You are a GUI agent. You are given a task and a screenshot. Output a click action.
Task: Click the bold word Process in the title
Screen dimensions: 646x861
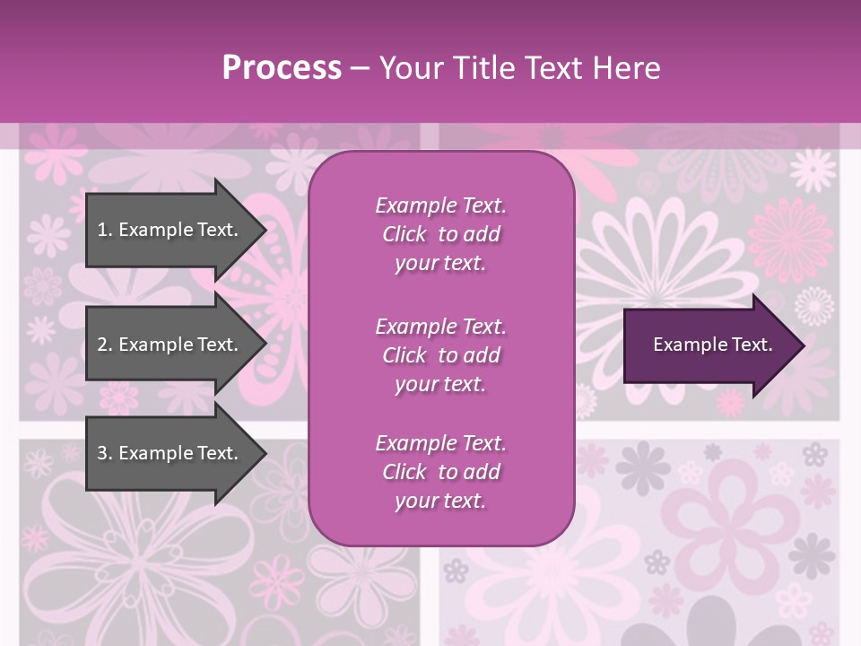pos(282,68)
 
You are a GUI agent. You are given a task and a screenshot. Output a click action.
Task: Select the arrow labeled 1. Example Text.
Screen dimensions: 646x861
pos(170,230)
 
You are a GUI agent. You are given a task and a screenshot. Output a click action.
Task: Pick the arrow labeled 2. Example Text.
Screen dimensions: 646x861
pos(170,345)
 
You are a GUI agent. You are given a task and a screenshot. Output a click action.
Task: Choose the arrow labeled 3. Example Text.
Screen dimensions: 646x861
pos(170,453)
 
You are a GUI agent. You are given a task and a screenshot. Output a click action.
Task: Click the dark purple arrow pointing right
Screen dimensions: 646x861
pos(709,345)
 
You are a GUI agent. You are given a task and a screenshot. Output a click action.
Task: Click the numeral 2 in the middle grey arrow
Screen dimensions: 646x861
pos(102,345)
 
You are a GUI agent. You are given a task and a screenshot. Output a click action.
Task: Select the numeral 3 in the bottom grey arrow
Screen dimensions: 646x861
pos(102,453)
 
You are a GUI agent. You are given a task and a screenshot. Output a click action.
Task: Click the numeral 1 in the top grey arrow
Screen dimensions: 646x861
pos(101,230)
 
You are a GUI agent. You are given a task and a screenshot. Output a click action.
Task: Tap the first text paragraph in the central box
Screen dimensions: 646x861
pos(440,234)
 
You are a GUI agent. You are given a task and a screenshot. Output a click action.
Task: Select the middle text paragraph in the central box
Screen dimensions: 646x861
pos(440,355)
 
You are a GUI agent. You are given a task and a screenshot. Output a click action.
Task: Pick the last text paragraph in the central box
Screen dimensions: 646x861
pos(440,472)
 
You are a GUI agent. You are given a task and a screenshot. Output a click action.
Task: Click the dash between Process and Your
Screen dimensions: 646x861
pos(361,68)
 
